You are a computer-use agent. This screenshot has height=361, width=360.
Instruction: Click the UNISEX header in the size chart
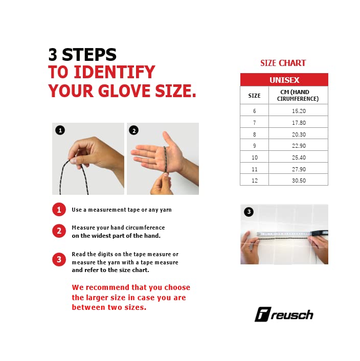coord(284,80)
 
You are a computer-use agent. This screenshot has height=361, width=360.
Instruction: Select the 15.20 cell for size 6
coord(299,111)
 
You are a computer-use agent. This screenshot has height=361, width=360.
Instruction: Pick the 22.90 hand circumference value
coord(299,146)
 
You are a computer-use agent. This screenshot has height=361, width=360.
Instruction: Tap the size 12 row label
coord(254,180)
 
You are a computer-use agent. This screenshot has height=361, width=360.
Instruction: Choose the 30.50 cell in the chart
coord(299,180)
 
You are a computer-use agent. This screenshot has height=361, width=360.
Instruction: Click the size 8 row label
coord(254,134)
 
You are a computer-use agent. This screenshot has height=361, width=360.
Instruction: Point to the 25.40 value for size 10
coord(299,157)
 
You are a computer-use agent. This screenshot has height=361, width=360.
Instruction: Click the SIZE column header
coord(254,96)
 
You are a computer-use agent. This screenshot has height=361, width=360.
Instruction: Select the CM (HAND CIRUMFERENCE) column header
coord(298,95)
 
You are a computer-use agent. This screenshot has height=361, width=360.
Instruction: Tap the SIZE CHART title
coord(283,63)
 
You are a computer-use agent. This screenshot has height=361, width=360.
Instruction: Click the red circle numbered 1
coord(59,210)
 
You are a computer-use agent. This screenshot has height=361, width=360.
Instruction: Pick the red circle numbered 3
coord(59,259)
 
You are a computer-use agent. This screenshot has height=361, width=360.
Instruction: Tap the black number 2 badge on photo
coord(134,130)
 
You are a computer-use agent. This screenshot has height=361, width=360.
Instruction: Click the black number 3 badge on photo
coord(249,212)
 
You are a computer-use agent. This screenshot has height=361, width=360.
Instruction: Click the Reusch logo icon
coord(263,314)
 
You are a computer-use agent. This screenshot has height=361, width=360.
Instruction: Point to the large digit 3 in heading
coord(53,55)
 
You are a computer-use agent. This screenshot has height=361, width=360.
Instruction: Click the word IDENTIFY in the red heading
coord(115,72)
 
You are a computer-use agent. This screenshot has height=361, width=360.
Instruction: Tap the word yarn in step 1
coord(166,210)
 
